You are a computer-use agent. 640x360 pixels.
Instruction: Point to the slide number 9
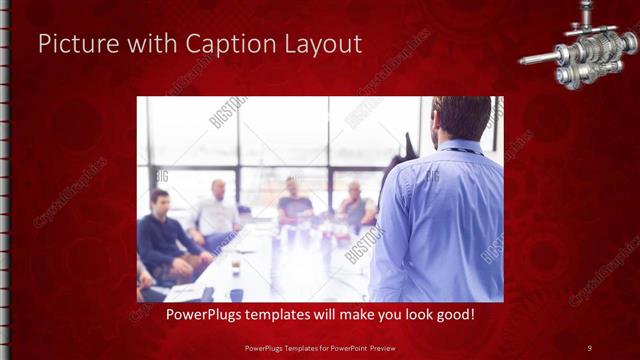pyautogui.click(x=589, y=347)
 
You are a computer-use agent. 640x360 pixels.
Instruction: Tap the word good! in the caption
pyautogui.click(x=454, y=315)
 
